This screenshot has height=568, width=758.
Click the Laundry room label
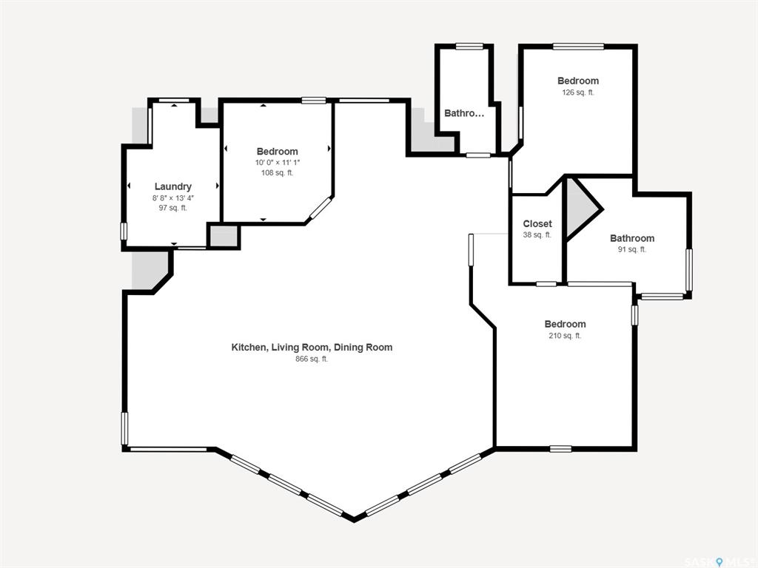tap(173, 187)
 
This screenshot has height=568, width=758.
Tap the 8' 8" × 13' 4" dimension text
tap(173, 198)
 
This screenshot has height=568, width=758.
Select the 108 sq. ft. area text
tap(277, 172)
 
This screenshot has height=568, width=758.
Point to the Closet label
tap(537, 223)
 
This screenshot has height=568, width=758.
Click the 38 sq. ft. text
tap(537, 234)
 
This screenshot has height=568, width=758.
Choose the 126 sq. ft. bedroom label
tap(577, 92)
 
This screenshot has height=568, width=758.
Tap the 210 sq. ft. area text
tap(565, 336)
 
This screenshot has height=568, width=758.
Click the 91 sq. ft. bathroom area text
tap(632, 249)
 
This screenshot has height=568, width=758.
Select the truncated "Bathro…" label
tap(464, 113)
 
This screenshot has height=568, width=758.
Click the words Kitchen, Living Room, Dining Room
tap(312, 348)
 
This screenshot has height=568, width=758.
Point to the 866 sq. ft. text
tap(312, 359)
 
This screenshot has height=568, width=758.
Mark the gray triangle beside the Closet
tap(580, 209)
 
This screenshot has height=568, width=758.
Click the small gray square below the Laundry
tap(224, 236)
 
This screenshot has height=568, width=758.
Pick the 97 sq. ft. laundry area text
tap(172, 208)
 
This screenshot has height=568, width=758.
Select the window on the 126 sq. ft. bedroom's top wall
tap(578, 47)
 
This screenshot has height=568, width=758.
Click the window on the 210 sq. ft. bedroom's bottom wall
tap(561, 449)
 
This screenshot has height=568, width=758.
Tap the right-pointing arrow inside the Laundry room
tap(218, 186)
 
